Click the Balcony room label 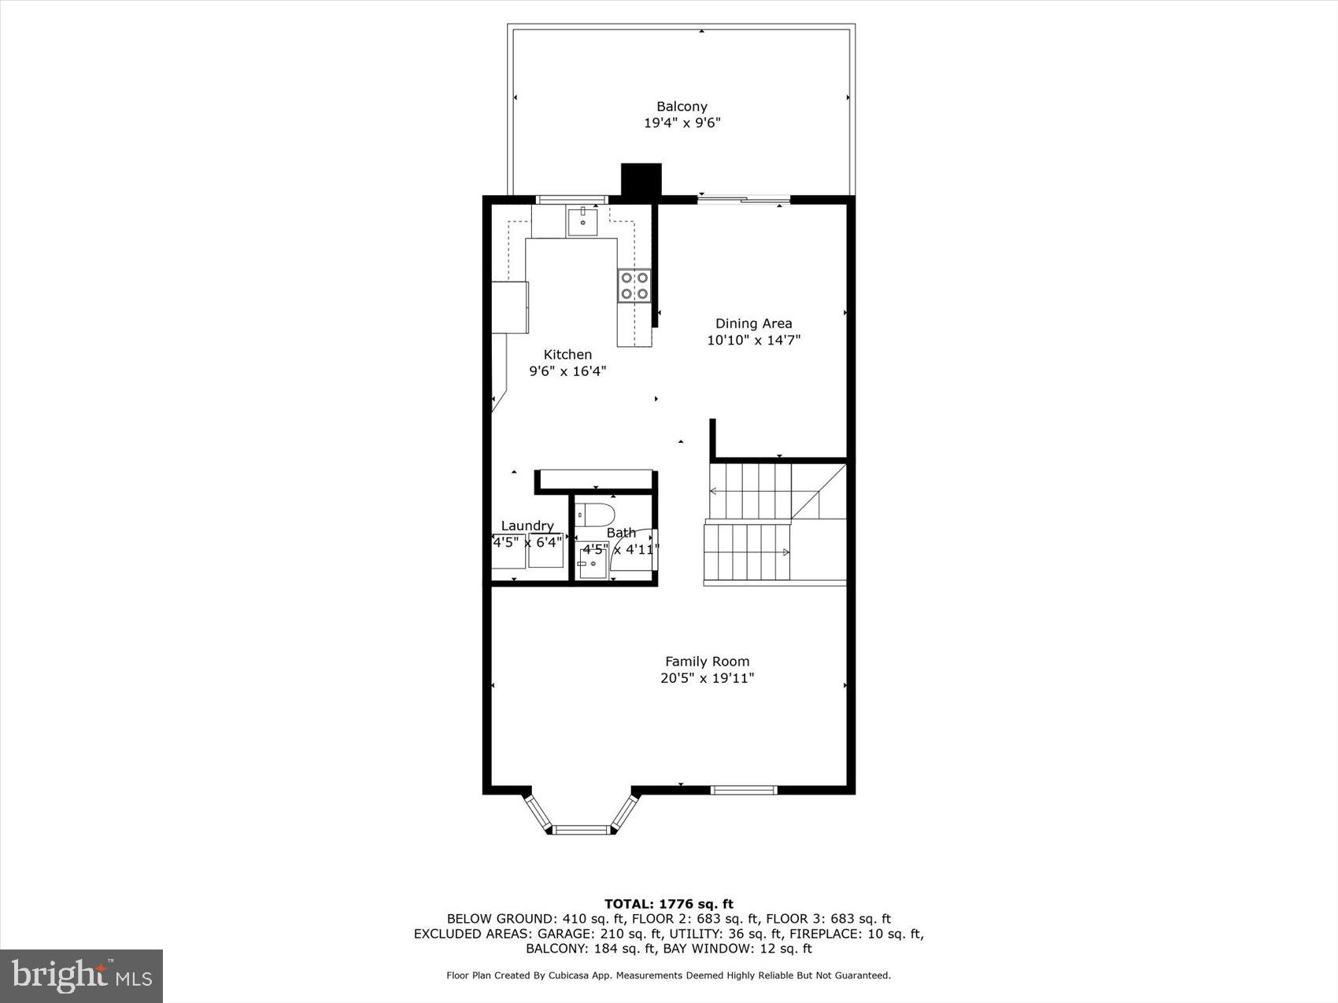(682, 106)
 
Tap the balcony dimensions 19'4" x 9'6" (682, 123)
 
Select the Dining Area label (753, 323)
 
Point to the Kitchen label (567, 355)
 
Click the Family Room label (707, 662)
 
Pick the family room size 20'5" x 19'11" (707, 678)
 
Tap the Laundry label (527, 525)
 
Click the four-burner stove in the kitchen (634, 286)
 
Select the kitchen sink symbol (582, 223)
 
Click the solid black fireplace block (641, 179)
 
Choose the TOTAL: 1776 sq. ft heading (668, 904)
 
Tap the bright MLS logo (81, 975)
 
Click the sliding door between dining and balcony (744, 201)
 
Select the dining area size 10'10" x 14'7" (753, 340)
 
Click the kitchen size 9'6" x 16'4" (567, 371)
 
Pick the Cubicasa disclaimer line (668, 975)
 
